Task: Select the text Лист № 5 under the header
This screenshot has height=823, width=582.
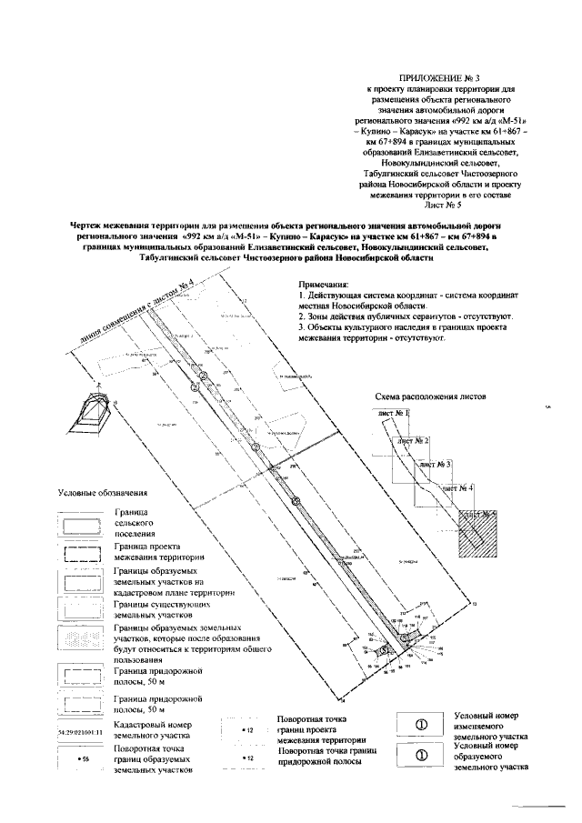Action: [439, 206]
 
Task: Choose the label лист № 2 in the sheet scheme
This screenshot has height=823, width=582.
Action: [414, 440]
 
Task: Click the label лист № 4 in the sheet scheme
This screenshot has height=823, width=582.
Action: [457, 487]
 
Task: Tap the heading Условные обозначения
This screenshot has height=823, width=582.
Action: [103, 493]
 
